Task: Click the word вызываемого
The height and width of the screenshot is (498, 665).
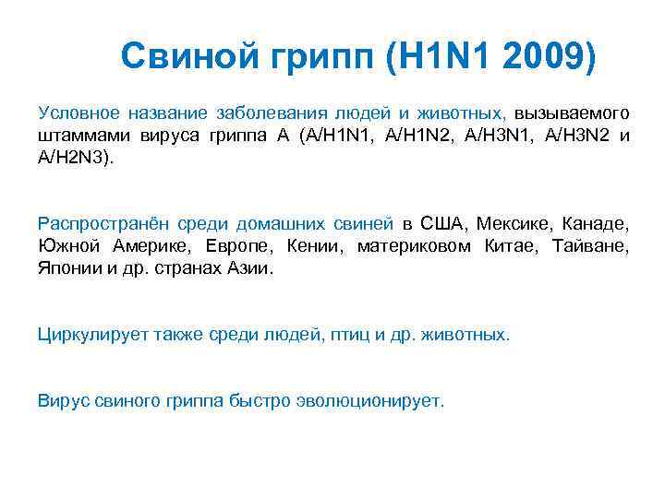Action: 573,113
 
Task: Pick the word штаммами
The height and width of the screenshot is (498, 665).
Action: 77,136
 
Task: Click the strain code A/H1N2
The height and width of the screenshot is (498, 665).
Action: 425,136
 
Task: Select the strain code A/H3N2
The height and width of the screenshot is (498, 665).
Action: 581,136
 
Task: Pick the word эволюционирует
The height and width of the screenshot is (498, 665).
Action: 369,401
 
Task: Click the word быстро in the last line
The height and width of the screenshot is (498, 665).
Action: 260,401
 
